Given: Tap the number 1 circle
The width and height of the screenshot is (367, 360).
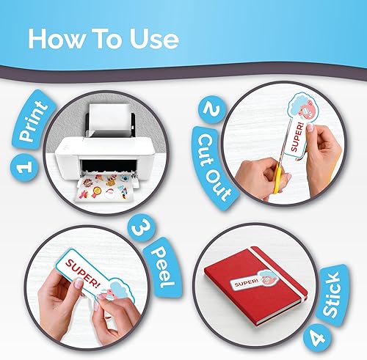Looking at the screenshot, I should (x=24, y=169).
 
